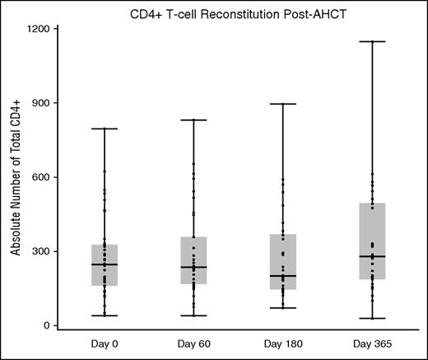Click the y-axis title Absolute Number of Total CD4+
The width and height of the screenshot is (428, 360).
click(16, 178)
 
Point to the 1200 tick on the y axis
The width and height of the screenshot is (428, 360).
click(40, 29)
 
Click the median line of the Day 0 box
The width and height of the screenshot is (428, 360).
click(105, 264)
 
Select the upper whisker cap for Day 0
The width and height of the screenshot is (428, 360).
click(105, 129)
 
